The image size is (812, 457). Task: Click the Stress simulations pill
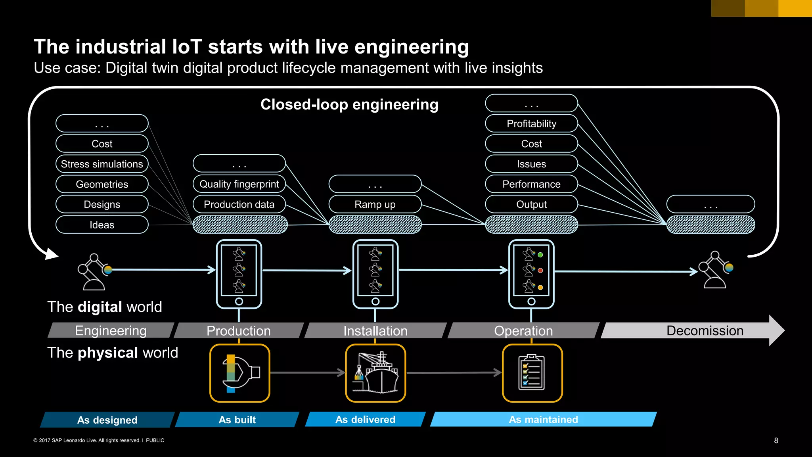(x=102, y=164)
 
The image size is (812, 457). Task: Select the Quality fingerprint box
(x=239, y=184)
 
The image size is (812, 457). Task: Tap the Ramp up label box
(x=375, y=204)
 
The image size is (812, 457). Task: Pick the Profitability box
(x=531, y=123)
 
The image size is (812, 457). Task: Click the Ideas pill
(x=102, y=225)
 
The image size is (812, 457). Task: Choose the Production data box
(x=239, y=204)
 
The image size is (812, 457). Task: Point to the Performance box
(x=531, y=184)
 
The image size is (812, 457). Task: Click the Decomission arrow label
(x=705, y=330)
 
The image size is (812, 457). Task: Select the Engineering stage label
(x=111, y=330)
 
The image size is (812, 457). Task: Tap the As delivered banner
(x=365, y=419)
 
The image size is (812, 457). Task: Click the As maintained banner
(x=543, y=419)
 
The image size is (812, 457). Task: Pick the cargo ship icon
(x=375, y=373)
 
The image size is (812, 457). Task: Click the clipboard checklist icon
(x=532, y=373)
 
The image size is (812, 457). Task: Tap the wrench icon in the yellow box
(x=239, y=373)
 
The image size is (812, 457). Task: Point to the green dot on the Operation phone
(x=540, y=255)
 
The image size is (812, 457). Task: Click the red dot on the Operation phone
(x=540, y=271)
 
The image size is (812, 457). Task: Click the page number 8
(x=776, y=440)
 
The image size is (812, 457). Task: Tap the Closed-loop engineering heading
(x=349, y=104)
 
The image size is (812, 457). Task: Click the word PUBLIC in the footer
(x=155, y=440)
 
